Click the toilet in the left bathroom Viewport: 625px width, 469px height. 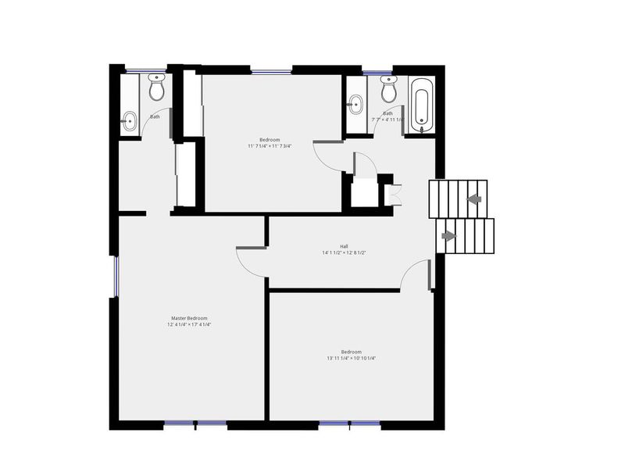(156, 88)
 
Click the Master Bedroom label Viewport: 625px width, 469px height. (189, 318)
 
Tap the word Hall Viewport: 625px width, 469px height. (344, 245)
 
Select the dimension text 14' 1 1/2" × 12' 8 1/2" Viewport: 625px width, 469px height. (344, 252)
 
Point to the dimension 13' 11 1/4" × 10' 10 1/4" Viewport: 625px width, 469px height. (352, 359)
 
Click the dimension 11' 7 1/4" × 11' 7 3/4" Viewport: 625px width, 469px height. (270, 145)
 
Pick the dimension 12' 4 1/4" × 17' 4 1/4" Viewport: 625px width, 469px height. (189, 325)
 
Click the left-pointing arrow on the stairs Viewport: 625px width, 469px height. (473, 199)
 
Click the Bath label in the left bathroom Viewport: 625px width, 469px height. (155, 116)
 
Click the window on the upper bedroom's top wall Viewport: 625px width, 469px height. (271, 72)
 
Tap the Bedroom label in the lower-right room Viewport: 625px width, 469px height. (352, 352)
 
